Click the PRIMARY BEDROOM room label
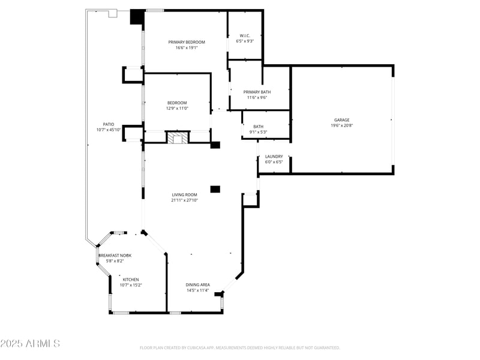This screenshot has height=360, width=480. tap(187, 42)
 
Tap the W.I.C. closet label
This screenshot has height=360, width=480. tap(245, 35)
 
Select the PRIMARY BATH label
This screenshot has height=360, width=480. tap(257, 92)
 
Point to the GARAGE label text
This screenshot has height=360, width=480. tap(341, 120)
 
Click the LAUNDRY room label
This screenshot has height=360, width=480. tap(274, 157)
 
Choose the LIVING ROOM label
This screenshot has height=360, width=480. tap(184, 194)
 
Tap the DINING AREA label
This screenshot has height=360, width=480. tap(197, 284)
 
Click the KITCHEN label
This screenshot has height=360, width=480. tap(131, 280)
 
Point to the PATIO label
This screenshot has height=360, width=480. tap(108, 124)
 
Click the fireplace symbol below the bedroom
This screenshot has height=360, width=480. tap(177, 139)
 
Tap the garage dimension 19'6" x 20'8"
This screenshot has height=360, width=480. tap(341, 125)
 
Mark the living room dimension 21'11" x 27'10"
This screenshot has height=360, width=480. tap(184, 200)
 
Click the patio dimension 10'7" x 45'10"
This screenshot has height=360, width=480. tap(108, 130)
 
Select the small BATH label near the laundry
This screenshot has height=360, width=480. tap(258, 127)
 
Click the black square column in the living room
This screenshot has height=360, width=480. tap(215, 189)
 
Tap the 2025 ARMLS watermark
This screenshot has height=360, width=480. tap(30, 344)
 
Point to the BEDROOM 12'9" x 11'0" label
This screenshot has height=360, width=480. tap(177, 105)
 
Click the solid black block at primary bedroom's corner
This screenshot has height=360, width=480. tap(137, 17)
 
